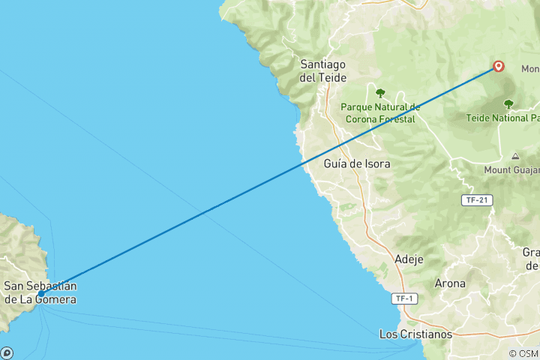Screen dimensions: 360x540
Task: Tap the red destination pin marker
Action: (x=498, y=67)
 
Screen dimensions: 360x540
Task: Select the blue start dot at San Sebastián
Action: (x=41, y=294)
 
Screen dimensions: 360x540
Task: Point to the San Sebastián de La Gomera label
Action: (x=40, y=292)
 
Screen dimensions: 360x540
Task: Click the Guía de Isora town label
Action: (x=357, y=163)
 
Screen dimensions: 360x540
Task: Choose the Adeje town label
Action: (x=409, y=259)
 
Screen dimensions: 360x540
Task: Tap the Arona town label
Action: (x=450, y=283)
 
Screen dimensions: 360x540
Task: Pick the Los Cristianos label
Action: (x=415, y=334)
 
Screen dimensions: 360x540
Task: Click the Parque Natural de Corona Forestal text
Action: (x=380, y=112)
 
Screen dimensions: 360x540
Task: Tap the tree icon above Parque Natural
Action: (x=380, y=93)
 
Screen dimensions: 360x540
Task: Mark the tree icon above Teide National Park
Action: (x=508, y=104)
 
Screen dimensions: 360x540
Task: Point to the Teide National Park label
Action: (x=502, y=118)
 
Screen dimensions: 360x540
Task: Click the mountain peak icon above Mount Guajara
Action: (x=515, y=156)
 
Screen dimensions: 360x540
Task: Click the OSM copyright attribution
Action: (x=523, y=353)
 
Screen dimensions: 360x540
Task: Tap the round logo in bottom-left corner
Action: (x=7, y=352)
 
